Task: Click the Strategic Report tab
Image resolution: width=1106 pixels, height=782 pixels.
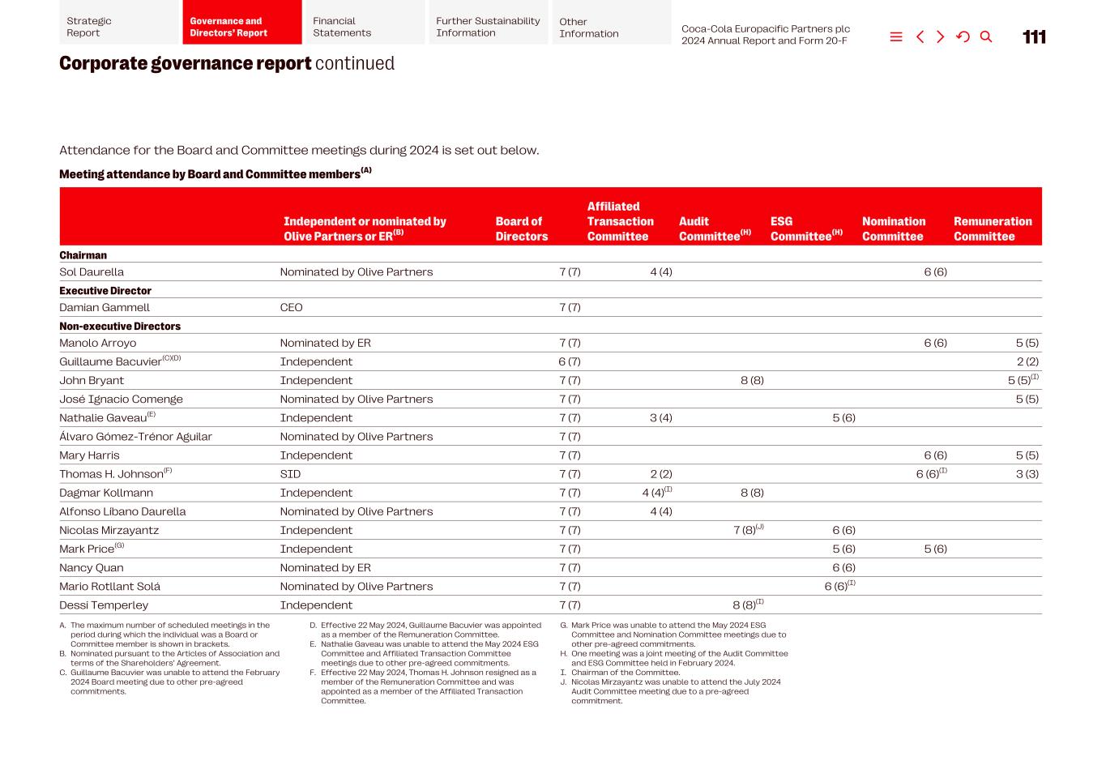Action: coord(118,27)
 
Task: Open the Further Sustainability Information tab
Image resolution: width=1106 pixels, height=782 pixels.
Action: coord(488,27)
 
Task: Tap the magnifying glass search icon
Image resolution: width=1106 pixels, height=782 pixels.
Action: coord(986,37)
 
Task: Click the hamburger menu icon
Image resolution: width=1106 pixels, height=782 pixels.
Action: coord(896,37)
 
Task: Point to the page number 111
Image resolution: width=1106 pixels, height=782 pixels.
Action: coord(1034,37)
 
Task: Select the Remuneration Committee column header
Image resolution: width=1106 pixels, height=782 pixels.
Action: coord(993,229)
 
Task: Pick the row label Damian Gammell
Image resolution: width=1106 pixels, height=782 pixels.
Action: coord(105,308)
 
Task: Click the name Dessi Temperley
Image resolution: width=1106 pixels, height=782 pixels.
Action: coord(104,605)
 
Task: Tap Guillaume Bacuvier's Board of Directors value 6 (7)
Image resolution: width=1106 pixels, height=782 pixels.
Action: coord(570,362)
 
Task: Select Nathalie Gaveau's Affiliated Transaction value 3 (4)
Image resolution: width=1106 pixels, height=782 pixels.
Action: coord(661,418)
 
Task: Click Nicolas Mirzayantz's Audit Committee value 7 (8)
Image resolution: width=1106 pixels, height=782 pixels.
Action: coord(745,531)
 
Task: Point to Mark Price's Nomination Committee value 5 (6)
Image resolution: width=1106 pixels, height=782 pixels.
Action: coord(935,549)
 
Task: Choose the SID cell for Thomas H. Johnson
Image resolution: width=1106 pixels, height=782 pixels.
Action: coord(290,474)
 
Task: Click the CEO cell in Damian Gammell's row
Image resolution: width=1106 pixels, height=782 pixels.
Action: coord(291,308)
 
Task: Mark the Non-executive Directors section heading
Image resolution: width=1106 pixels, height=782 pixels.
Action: coord(120,327)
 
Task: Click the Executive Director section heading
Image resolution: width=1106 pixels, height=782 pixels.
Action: coord(105,291)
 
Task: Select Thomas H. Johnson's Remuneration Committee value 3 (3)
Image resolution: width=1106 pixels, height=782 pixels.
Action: coord(1027,474)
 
